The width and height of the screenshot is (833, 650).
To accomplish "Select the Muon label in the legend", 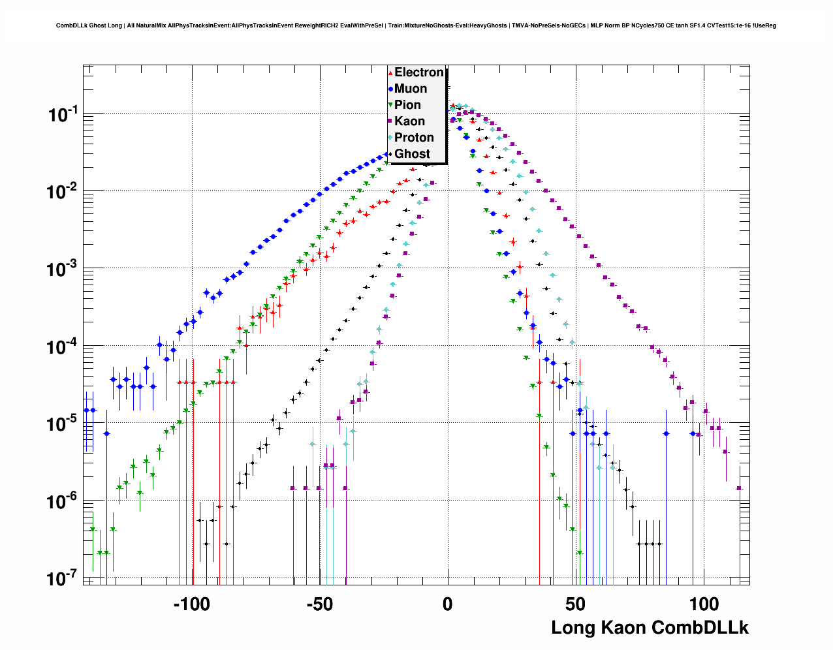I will click(411, 89).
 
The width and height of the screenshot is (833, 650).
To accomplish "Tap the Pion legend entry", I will click(407, 105).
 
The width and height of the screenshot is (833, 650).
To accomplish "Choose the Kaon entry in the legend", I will click(409, 121).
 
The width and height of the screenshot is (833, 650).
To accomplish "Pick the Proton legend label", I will click(414, 138).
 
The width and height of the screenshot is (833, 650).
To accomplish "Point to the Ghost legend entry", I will click(412, 154).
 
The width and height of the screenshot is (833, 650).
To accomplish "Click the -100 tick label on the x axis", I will click(192, 604).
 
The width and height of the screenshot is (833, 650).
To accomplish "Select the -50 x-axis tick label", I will click(320, 604).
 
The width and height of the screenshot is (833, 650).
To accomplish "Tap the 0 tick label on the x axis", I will click(447, 604).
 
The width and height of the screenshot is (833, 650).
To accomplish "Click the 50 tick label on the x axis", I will click(575, 604).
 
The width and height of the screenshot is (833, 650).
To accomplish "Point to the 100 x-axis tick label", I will click(703, 604).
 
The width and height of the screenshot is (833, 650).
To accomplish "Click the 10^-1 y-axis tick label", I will click(63, 115).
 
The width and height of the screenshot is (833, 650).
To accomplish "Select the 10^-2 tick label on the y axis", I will click(63, 192).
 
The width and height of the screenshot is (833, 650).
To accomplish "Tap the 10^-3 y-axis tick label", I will click(63, 269).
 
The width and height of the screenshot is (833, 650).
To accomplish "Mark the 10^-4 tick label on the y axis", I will click(63, 347).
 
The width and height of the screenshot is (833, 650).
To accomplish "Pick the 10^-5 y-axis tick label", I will click(63, 424).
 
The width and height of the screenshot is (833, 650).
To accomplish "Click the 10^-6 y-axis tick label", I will click(63, 502).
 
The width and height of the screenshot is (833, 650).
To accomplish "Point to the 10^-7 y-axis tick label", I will click(63, 579).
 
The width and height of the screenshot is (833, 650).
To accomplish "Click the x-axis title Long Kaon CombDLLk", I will click(650, 628).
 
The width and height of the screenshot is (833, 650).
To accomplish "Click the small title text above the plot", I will click(416, 25).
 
